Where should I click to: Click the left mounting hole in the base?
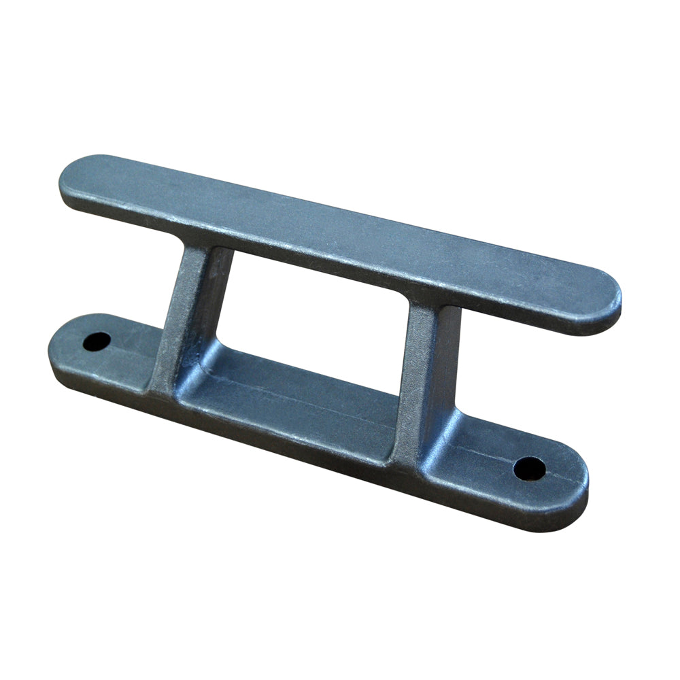click(97, 341)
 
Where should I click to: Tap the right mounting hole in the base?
click(529, 467)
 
